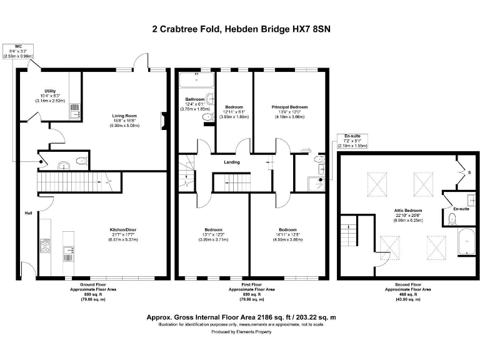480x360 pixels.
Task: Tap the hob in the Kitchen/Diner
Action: (x=45, y=245)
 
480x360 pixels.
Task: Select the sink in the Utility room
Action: (x=75, y=111)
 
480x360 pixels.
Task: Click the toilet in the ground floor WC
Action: (x=81, y=161)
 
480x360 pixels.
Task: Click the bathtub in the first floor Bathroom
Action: (x=196, y=81)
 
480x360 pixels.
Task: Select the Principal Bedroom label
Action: (x=289, y=107)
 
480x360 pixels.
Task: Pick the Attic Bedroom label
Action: (x=407, y=211)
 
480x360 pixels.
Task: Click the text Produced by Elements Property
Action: (x=240, y=332)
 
